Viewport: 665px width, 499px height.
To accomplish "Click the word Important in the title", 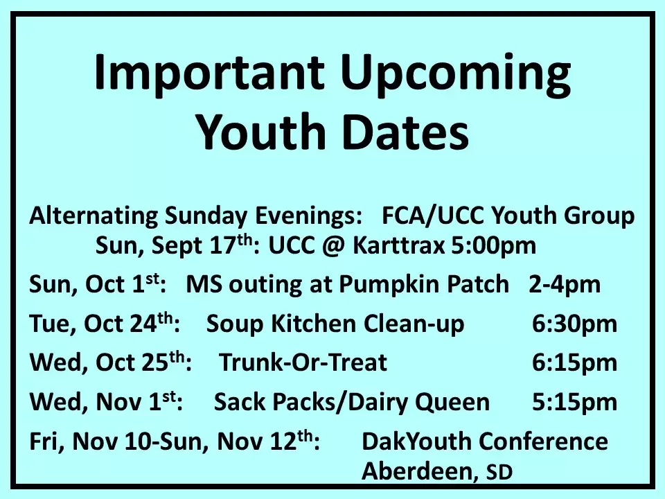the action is pyautogui.click(x=209, y=73).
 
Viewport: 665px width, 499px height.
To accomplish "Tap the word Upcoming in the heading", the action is pyautogui.click(x=456, y=73).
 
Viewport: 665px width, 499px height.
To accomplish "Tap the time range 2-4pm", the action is pyautogui.click(x=565, y=285).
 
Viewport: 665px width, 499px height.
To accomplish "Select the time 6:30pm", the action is pyautogui.click(x=575, y=324).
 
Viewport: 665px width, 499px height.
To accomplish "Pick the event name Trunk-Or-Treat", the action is pyautogui.click(x=303, y=362).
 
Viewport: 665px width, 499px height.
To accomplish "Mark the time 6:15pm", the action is pyautogui.click(x=575, y=363).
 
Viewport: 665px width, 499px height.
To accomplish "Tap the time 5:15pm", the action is pyautogui.click(x=575, y=402).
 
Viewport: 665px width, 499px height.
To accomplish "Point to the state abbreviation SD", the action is pyautogui.click(x=499, y=472).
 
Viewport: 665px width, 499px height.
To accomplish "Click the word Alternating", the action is pyautogui.click(x=94, y=216).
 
